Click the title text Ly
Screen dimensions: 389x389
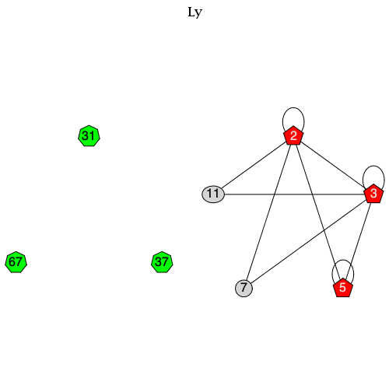194,12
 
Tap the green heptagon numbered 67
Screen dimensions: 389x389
16,262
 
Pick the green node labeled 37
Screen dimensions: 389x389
162,262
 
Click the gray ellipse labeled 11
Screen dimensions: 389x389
213,194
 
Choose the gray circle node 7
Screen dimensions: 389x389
244,289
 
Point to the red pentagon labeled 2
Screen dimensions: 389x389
293,136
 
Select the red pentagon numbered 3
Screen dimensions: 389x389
373,193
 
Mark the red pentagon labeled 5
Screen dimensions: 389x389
342,288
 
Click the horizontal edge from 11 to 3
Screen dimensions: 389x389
292,194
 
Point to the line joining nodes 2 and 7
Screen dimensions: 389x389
268,212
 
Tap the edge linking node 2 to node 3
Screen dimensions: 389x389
333,164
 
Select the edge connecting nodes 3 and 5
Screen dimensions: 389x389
358,240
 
